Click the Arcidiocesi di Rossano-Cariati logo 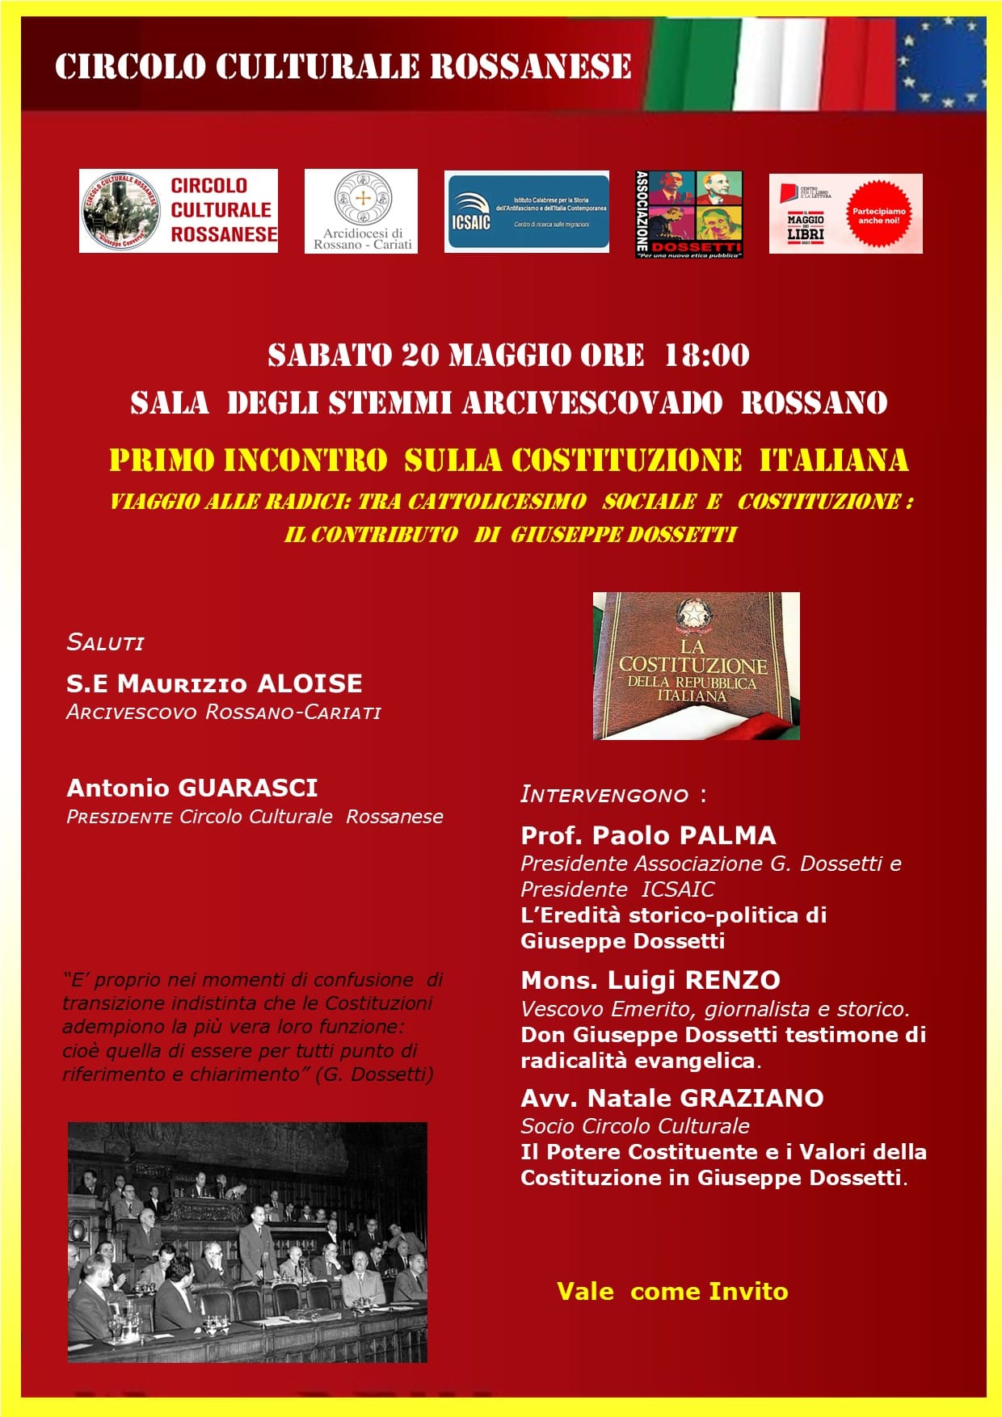tap(361, 211)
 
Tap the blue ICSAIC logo tap(526, 212)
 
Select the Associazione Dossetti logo tap(688, 214)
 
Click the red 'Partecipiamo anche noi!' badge tap(878, 216)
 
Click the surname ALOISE tap(309, 683)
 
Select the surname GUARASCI tap(247, 788)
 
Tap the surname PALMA tap(726, 835)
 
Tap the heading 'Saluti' tap(105, 643)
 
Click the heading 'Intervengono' tap(604, 795)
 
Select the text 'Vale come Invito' tap(672, 1291)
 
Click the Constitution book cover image tap(696, 666)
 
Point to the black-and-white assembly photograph tap(247, 1242)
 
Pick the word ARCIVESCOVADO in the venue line tap(592, 402)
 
